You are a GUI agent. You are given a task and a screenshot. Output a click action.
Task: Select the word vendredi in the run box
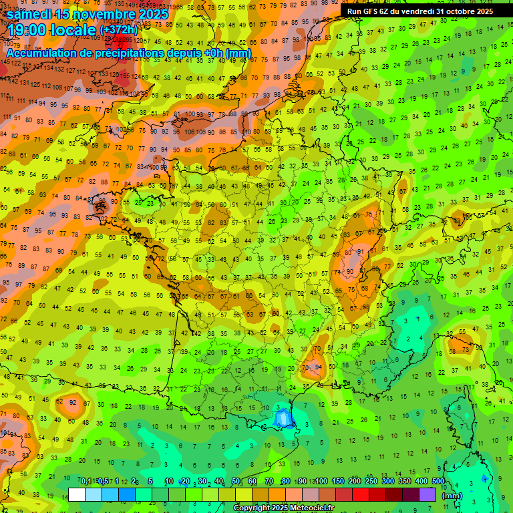(419, 11)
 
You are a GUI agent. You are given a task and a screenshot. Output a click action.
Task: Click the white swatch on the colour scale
(77, 495)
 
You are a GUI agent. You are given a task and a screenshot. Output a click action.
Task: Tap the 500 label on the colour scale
(438, 481)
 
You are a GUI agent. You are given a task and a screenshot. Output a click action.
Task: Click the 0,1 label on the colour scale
(85, 481)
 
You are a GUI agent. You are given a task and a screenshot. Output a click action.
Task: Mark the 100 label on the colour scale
(321, 481)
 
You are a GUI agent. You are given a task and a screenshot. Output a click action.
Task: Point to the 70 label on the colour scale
(269, 481)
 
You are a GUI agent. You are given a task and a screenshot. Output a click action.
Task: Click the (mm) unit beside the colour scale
(452, 496)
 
